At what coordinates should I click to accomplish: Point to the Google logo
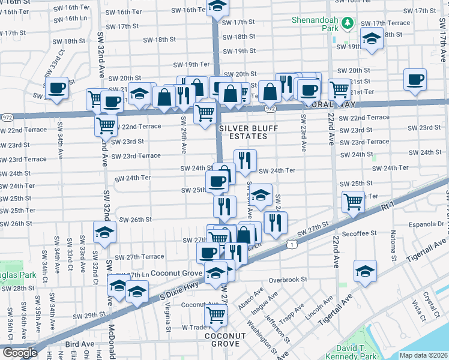pyautogui.click(x=19, y=352)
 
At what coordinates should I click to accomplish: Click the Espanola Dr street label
pyautogui.click(x=428, y=224)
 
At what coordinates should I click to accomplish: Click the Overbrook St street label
pyautogui.click(x=288, y=280)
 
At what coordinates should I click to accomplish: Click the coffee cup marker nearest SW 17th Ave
pyautogui.click(x=415, y=80)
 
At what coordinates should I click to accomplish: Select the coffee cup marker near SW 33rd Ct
pyautogui.click(x=58, y=88)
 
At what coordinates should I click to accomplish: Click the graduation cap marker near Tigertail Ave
pyautogui.click(x=365, y=271)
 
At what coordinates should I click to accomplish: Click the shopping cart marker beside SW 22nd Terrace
pyautogui.click(x=106, y=126)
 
